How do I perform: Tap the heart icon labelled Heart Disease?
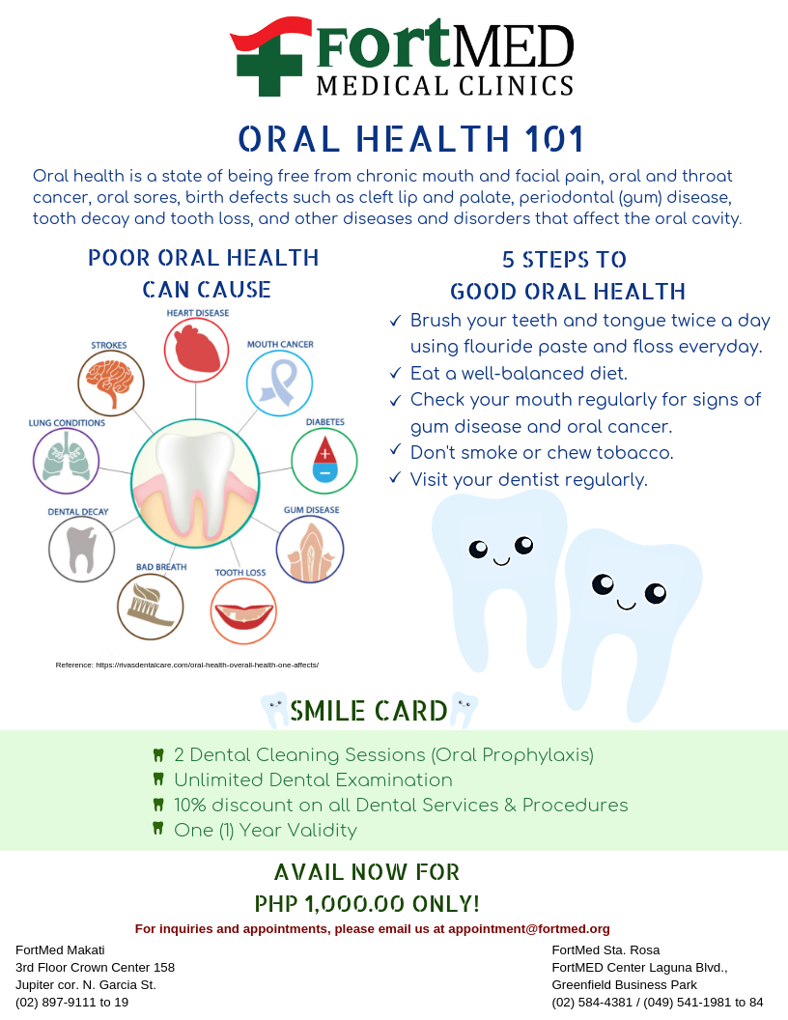(x=196, y=350)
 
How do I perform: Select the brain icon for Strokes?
(x=110, y=382)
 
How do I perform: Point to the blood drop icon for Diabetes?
(x=324, y=461)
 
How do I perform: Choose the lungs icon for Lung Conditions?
(x=66, y=461)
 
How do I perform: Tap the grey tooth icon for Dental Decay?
(x=82, y=550)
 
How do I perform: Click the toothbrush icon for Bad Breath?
(x=151, y=607)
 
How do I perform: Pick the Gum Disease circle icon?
(x=310, y=550)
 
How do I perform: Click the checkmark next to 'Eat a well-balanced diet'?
(x=395, y=373)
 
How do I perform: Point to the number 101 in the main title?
(x=554, y=138)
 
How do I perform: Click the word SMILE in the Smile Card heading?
(x=328, y=711)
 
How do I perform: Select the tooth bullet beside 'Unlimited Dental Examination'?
(x=158, y=779)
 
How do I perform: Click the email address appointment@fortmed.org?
(x=528, y=928)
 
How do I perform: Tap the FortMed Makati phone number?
(x=72, y=1002)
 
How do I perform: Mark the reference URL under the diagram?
(x=208, y=665)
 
